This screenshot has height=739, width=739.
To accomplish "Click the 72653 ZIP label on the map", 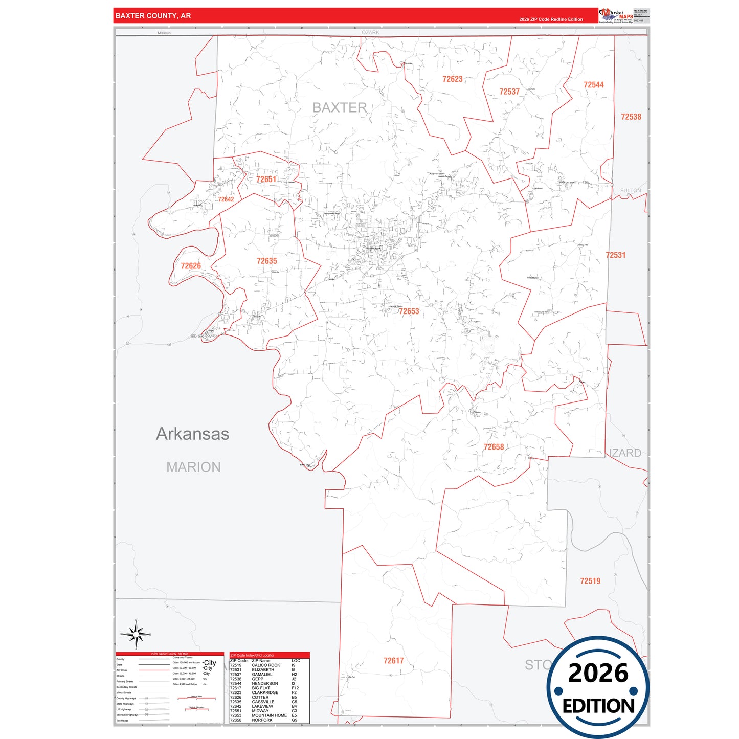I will coord(409,311).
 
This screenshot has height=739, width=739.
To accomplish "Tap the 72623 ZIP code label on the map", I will coord(453,79).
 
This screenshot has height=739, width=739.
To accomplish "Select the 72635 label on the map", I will coord(266,261).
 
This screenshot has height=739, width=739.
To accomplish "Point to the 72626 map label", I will coord(191,266).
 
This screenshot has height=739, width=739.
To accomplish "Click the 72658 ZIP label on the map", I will coord(494,447).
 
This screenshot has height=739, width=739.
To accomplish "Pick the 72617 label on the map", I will coord(393,661).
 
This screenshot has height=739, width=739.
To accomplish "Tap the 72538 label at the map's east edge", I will coord(631,117).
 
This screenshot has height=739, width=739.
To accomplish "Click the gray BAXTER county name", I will coord(340,108).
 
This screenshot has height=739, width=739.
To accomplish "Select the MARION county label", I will coord(193,467).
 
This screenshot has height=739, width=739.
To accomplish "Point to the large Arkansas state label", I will coord(192,434).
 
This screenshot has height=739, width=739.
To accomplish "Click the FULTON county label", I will coord(631,191).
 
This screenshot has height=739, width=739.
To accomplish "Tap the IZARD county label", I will coord(626,453).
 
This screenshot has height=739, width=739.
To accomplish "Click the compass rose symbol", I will coord(136,635).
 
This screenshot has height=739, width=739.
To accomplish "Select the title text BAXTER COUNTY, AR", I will coord(153,16).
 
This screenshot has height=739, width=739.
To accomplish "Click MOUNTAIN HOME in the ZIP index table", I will coord(269,715).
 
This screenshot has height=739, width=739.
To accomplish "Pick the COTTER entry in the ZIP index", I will coord(260,697).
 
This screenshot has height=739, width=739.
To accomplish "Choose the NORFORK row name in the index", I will coord(262,720).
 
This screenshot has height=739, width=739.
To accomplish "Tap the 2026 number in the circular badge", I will coord(598,673).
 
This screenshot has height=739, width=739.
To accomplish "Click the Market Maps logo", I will coord(616,16).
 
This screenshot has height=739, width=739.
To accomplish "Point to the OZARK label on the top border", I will coord(370,32).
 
